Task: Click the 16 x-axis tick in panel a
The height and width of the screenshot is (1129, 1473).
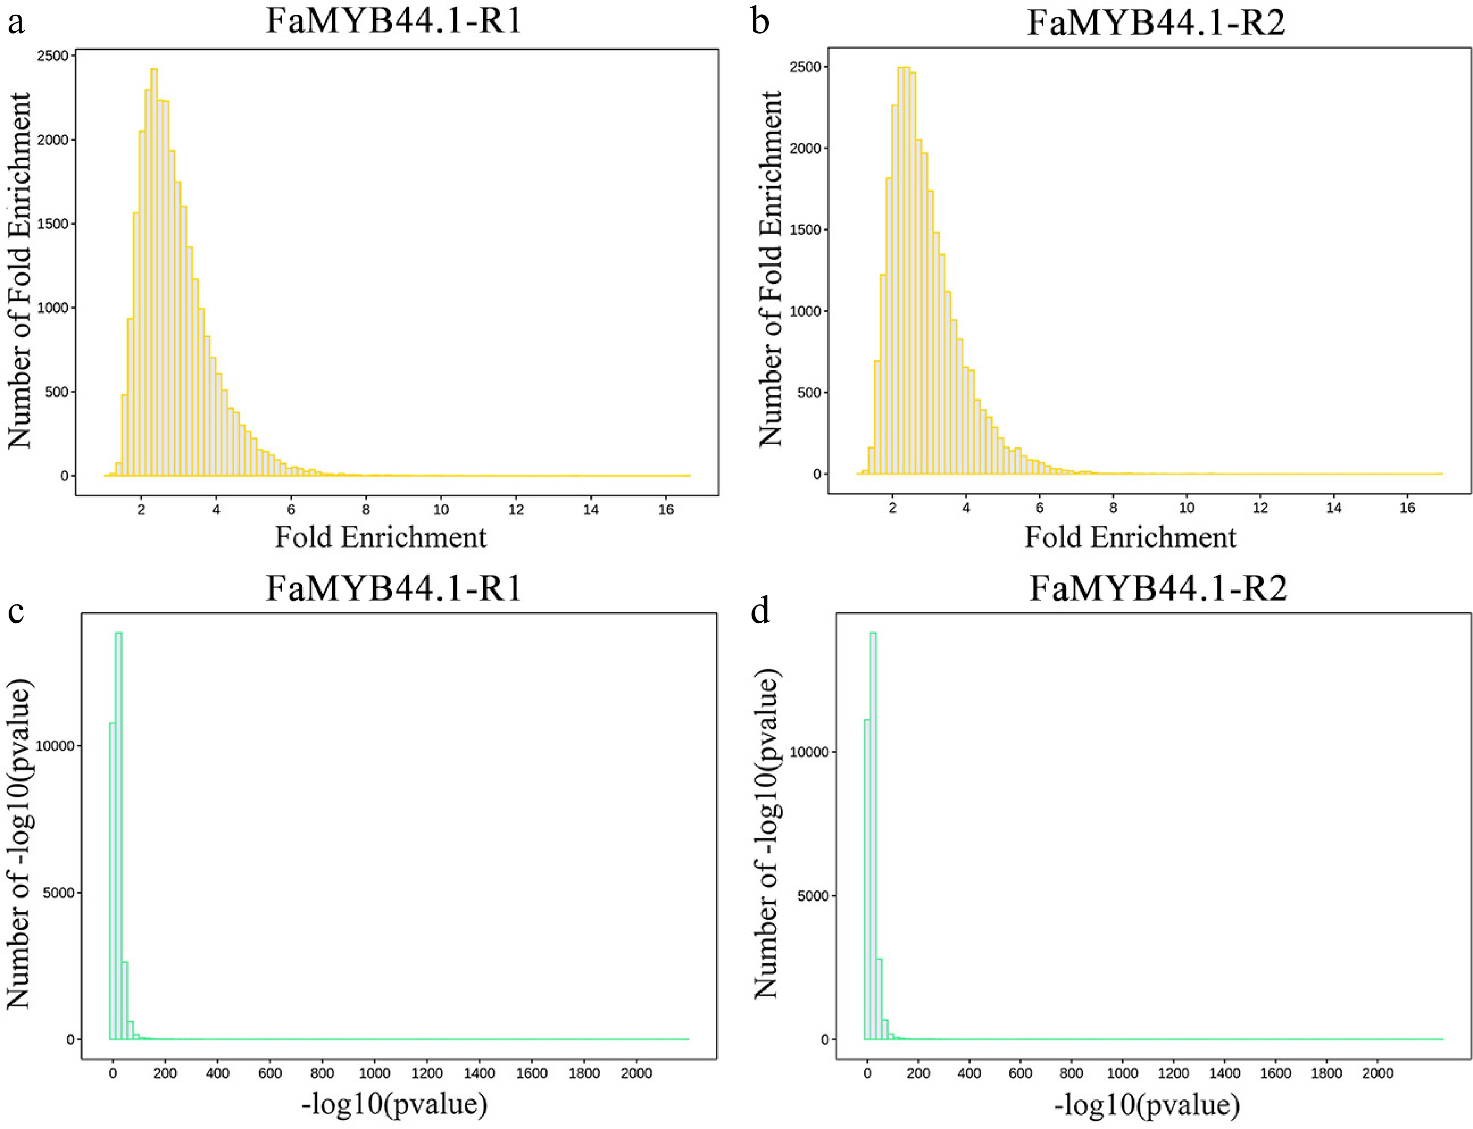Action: (666, 510)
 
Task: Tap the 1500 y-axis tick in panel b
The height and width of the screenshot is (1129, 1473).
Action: (805, 230)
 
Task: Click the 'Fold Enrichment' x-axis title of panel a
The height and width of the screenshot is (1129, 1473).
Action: (380, 537)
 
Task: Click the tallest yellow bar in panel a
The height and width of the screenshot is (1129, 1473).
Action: (154, 269)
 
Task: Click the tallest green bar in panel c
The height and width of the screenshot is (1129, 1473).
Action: (118, 833)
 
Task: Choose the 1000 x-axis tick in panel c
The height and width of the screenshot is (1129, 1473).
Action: (375, 1073)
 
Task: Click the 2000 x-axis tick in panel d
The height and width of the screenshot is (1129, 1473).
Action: (1378, 1073)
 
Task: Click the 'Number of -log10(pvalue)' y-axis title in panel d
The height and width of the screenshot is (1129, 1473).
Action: (766, 833)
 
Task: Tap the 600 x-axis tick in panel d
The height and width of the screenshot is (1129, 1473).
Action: (1020, 1073)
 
